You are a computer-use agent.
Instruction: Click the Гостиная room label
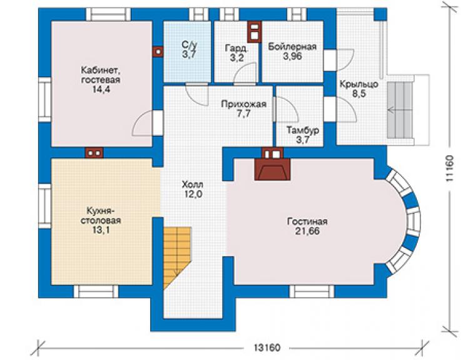(x=307, y=222)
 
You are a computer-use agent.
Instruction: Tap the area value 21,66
(x=307, y=231)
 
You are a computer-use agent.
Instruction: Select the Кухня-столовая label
(x=101, y=216)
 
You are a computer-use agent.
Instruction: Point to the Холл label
(x=192, y=185)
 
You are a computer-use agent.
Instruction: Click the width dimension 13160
(x=267, y=347)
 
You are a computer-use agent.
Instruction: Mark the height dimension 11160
(x=449, y=168)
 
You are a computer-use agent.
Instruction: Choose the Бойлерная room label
(x=292, y=47)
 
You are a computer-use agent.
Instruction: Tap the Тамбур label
(x=303, y=130)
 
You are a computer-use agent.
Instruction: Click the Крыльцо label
(x=359, y=85)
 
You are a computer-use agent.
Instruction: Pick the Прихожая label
(x=244, y=104)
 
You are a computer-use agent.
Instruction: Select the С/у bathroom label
(x=189, y=45)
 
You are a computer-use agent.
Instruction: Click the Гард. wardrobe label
(x=237, y=48)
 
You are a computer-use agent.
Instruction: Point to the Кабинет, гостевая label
(x=101, y=75)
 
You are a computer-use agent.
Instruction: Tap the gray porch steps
(x=400, y=110)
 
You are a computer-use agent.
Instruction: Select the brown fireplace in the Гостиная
(x=273, y=168)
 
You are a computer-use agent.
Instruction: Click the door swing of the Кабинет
(x=143, y=123)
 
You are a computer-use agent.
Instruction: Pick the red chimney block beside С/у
(x=158, y=52)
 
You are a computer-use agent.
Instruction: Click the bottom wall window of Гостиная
(x=312, y=291)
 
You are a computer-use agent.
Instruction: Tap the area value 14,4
(x=101, y=90)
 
